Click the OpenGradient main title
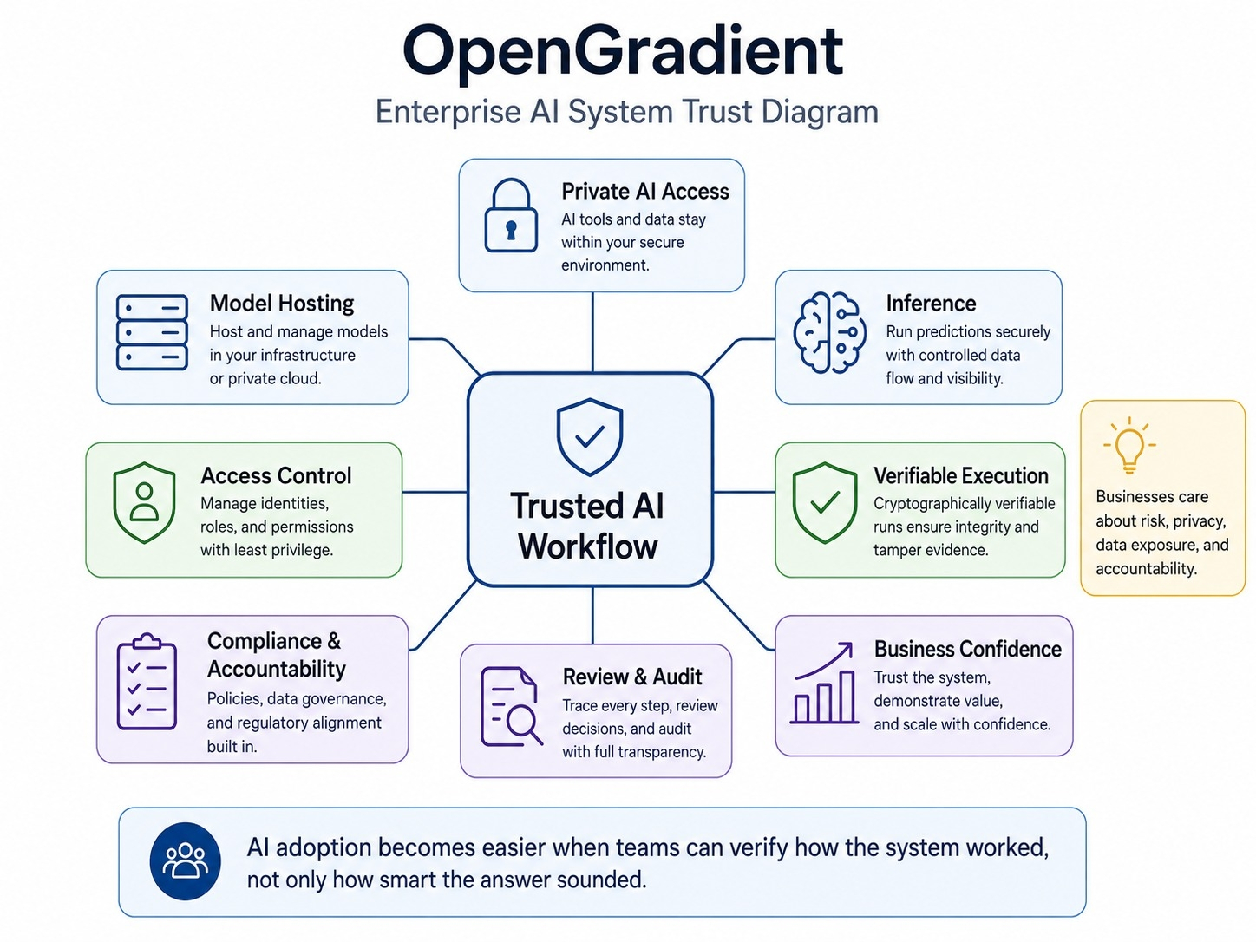(623, 53)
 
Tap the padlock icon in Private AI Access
(510, 215)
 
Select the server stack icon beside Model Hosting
(152, 332)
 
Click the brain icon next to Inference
(829, 333)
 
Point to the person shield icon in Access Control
(144, 503)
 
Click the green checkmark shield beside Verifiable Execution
(825, 503)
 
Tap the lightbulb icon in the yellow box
(1129, 446)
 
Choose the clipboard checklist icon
(147, 681)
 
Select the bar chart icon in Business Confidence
(824, 684)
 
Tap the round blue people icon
(186, 861)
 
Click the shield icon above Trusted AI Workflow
(589, 437)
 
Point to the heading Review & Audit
(632, 677)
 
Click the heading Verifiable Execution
(961, 475)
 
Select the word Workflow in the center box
(588, 546)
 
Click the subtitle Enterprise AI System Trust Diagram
(626, 112)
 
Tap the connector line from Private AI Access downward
(592, 332)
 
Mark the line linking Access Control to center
(435, 491)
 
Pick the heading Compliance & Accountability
(277, 655)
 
